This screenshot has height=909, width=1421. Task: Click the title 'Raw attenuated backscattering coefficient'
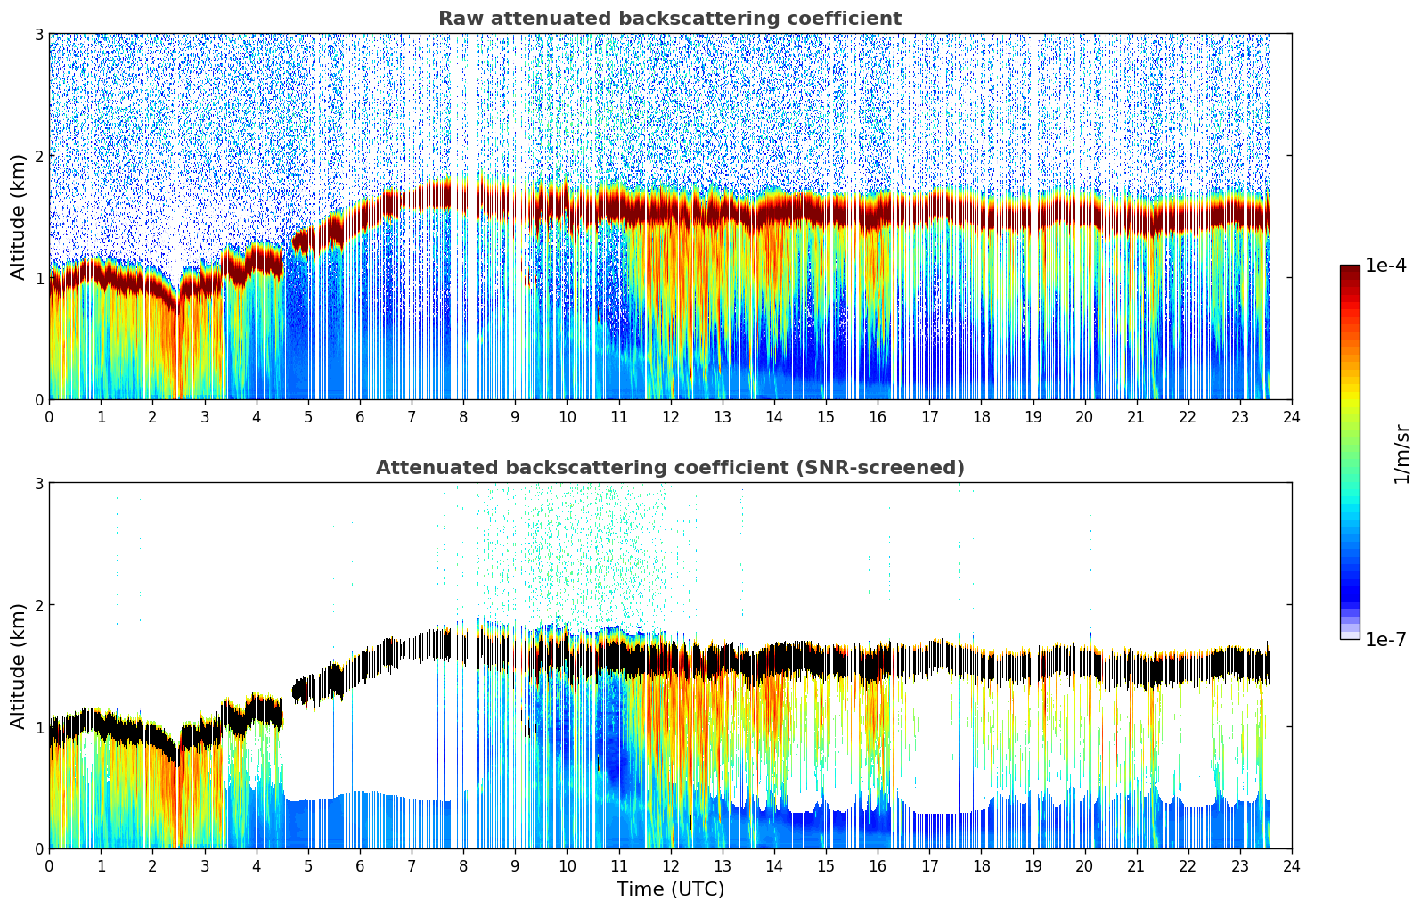669,19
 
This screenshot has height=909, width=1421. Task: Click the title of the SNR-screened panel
669,468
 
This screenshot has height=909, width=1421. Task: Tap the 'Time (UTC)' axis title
670,889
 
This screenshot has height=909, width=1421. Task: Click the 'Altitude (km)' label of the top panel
18,217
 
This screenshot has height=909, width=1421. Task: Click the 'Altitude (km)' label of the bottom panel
18,666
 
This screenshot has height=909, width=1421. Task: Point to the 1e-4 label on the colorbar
1385,266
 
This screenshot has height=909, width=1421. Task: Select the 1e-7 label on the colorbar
1385,639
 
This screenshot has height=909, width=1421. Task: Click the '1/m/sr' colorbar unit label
1401,454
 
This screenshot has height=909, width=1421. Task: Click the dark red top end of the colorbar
1350,270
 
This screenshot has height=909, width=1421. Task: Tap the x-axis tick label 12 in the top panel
670,417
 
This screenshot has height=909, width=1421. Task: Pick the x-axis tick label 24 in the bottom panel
1291,866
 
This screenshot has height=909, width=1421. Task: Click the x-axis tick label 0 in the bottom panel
49,866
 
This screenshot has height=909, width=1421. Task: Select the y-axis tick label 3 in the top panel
39,34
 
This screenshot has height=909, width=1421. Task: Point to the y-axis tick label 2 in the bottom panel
39,605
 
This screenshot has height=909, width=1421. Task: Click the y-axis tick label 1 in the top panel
39,278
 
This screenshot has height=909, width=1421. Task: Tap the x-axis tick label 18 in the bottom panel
981,866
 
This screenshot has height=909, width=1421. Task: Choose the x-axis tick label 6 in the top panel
360,417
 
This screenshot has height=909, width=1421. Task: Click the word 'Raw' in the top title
458,19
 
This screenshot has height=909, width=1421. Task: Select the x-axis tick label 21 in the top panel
1136,417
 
